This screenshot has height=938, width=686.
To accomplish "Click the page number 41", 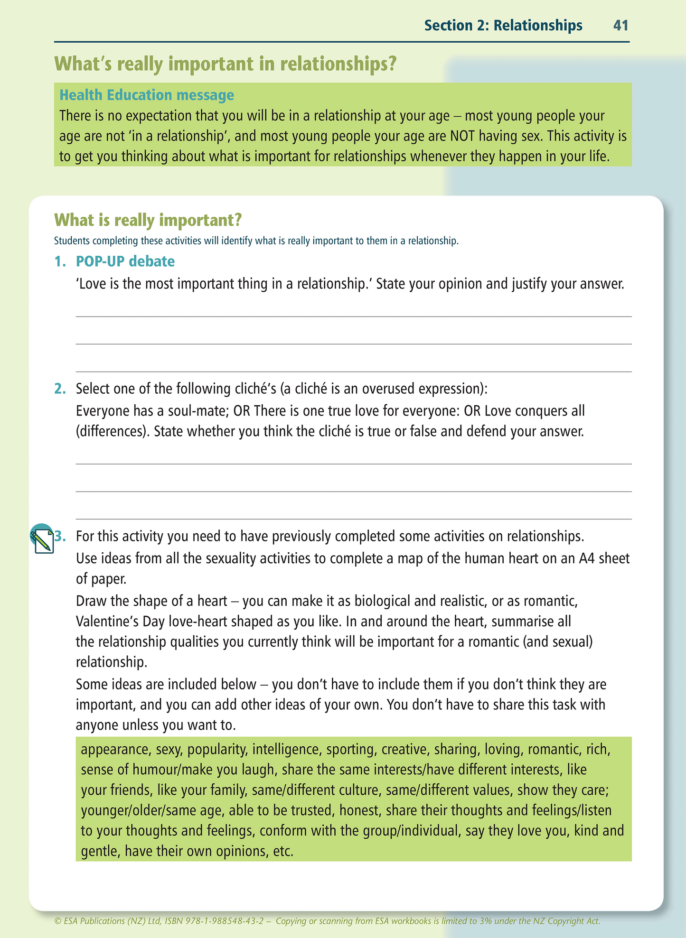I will (x=620, y=25).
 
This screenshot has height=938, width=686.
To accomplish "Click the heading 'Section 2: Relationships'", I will (x=503, y=25).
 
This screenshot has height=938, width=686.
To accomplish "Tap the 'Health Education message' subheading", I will (x=147, y=95).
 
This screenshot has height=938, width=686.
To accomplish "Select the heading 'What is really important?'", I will (x=148, y=220).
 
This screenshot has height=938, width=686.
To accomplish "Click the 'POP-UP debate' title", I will (x=125, y=261).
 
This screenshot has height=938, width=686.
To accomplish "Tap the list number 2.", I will (x=60, y=389).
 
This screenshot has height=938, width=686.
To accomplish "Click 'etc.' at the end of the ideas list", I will (x=283, y=851).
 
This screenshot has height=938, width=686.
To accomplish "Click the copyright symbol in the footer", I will (x=58, y=921).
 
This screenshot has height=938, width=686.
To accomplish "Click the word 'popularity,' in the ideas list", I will (x=217, y=749).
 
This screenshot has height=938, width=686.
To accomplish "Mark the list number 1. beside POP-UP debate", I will (x=60, y=261).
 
